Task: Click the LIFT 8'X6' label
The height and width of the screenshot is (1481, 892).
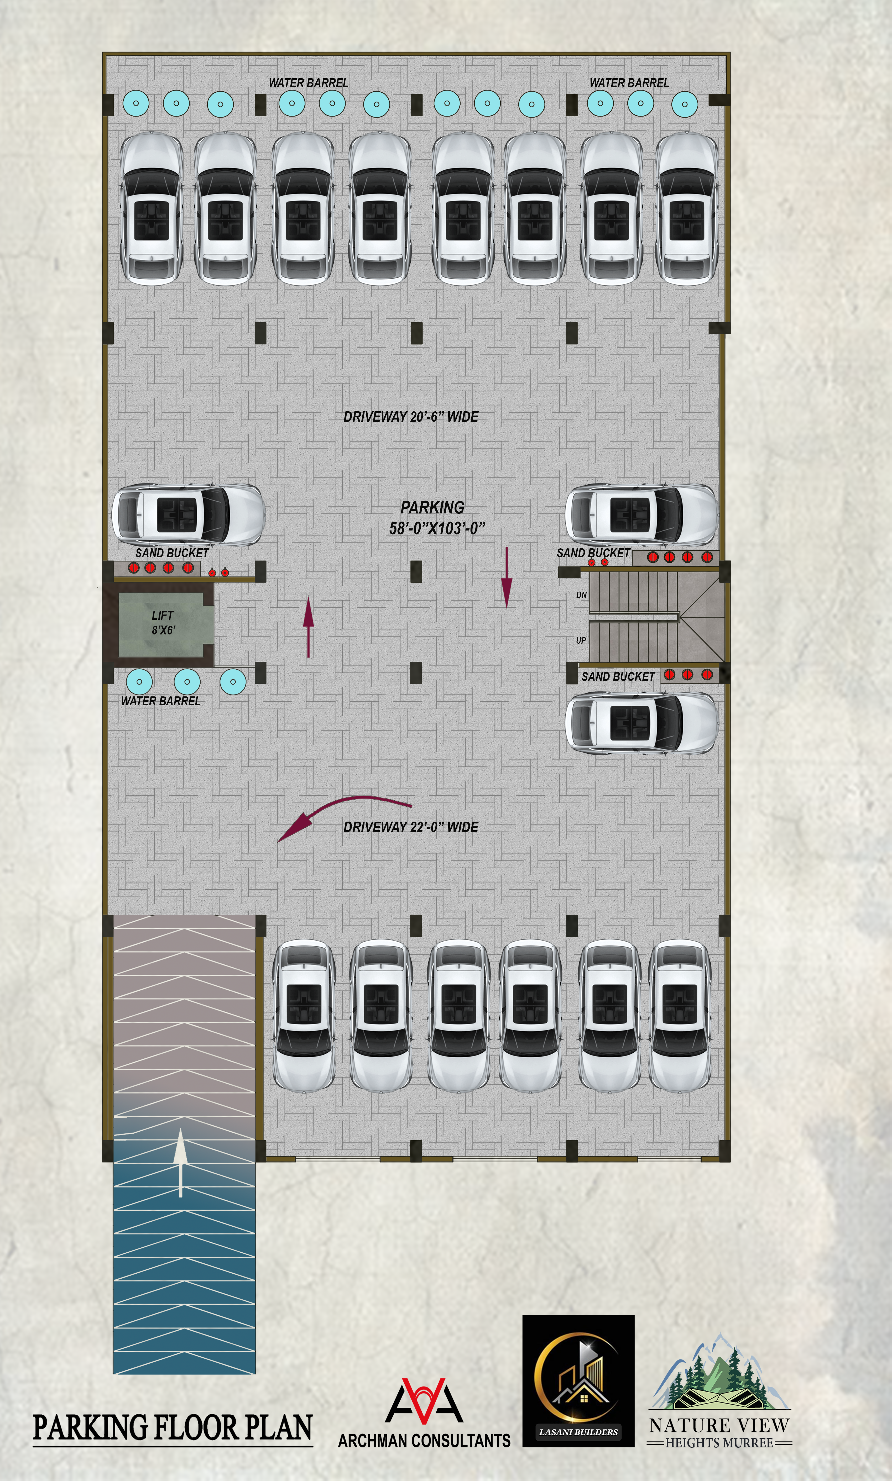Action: [x=163, y=622]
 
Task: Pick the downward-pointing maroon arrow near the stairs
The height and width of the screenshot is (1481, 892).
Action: [x=507, y=577]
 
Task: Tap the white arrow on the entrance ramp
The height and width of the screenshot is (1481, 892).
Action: [x=180, y=1163]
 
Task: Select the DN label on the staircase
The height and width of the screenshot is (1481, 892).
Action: [x=581, y=595]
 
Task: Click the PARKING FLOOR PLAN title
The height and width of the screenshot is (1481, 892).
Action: [x=173, y=1427]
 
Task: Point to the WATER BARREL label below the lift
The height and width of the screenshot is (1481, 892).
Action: [x=160, y=701]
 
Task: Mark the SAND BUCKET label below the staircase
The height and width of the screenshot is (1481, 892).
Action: [x=618, y=676]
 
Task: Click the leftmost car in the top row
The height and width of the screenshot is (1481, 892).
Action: [x=151, y=208]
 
